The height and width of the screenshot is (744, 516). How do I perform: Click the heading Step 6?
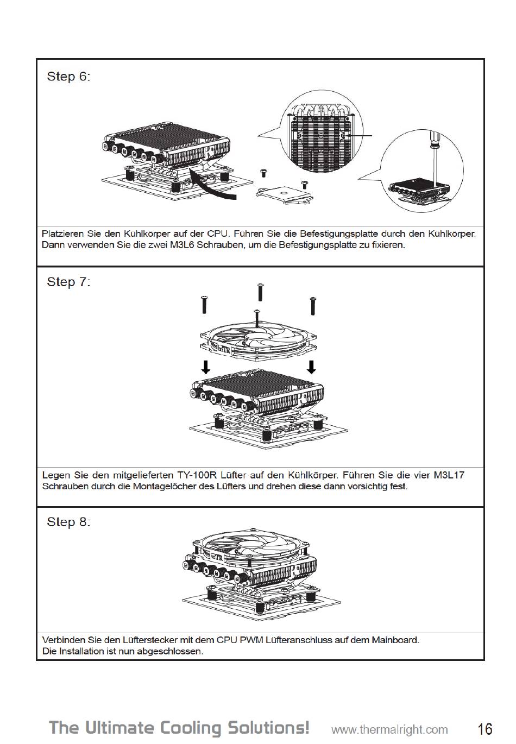coord(68,76)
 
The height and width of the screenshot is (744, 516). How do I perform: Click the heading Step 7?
coord(68,282)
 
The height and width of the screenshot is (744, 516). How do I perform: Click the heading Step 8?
coord(68,522)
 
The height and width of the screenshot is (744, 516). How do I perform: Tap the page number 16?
coord(485,728)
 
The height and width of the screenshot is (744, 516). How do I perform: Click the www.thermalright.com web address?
coord(389,729)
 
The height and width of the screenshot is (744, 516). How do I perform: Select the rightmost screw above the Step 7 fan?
coord(312,305)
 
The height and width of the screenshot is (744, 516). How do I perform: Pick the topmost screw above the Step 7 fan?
coord(260,292)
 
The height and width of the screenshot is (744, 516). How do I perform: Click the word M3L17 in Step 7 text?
coord(449,475)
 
